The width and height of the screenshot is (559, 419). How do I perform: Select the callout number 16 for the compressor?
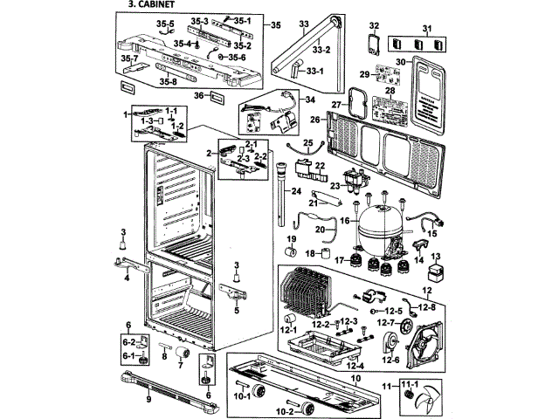[344, 222]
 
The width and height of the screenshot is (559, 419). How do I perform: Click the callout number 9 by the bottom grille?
[148, 399]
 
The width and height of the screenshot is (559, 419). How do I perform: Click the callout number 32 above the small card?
[374, 25]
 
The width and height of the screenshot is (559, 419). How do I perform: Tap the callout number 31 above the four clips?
[427, 30]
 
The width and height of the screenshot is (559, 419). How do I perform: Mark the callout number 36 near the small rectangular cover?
[199, 95]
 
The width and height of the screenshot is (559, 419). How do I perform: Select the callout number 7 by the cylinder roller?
[180, 367]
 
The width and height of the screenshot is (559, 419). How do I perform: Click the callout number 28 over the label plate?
[390, 91]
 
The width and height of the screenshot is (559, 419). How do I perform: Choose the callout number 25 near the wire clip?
[307, 142]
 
